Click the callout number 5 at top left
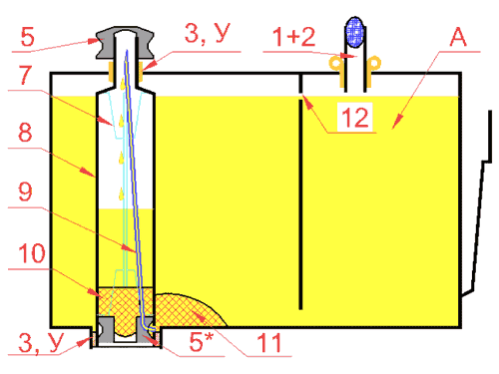tap(28, 37)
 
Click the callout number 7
tap(25, 75)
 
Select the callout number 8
tap(25, 133)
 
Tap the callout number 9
tap(25, 191)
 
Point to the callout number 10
tap(32, 253)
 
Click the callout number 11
tap(269, 343)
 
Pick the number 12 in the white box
tap(355, 118)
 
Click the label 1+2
tap(293, 37)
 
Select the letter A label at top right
tap(458, 37)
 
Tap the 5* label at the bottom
tap(201, 341)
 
